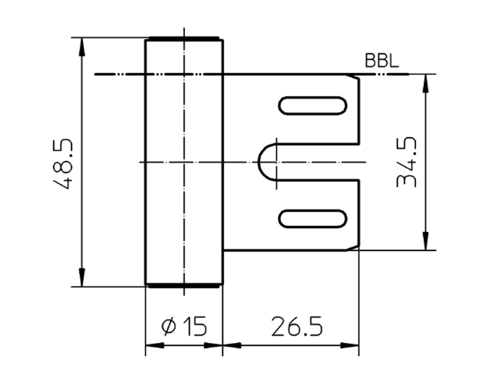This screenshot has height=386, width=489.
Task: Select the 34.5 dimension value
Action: pyautogui.click(x=406, y=162)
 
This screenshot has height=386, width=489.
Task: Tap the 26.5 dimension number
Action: pyautogui.click(x=296, y=327)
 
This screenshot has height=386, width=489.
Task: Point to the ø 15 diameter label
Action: pyautogui.click(x=184, y=327)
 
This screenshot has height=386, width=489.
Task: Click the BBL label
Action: pyautogui.click(x=382, y=61)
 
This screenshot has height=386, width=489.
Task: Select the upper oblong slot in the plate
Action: pyautogui.click(x=313, y=105)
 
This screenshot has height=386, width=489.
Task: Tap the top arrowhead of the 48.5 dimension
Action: pyautogui.click(x=82, y=46)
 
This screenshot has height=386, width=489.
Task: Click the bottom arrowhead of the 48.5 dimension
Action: pyautogui.click(x=82, y=277)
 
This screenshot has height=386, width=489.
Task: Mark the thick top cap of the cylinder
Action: pyautogui.click(x=184, y=39)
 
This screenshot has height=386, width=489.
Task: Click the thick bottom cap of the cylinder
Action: pyautogui.click(x=184, y=285)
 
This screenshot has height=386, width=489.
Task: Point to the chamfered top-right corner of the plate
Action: pyautogui.click(x=356, y=78)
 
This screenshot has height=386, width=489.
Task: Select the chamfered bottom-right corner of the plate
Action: pyautogui.click(x=355, y=248)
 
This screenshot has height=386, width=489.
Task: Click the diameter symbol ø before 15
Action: pyautogui.click(x=169, y=327)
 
